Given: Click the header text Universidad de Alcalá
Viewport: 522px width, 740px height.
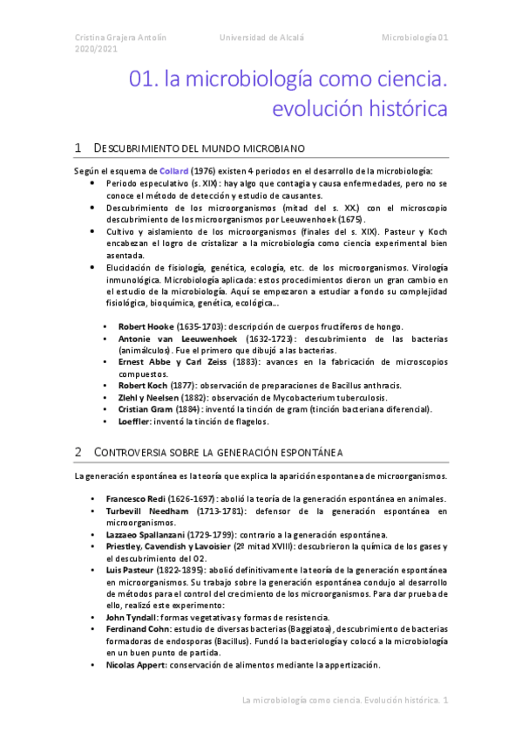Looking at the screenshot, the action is (x=261, y=38).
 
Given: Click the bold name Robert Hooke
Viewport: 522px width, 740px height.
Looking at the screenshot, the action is (x=145, y=325).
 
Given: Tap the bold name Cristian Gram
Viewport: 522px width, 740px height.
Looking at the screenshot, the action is (x=145, y=408).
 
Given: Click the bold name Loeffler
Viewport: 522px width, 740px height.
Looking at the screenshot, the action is (x=135, y=421).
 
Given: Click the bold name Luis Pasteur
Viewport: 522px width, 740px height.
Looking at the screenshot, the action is (x=139, y=570).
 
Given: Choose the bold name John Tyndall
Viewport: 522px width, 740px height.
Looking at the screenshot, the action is (x=143, y=616).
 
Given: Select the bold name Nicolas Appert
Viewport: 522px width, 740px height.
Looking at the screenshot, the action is (x=147, y=664).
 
